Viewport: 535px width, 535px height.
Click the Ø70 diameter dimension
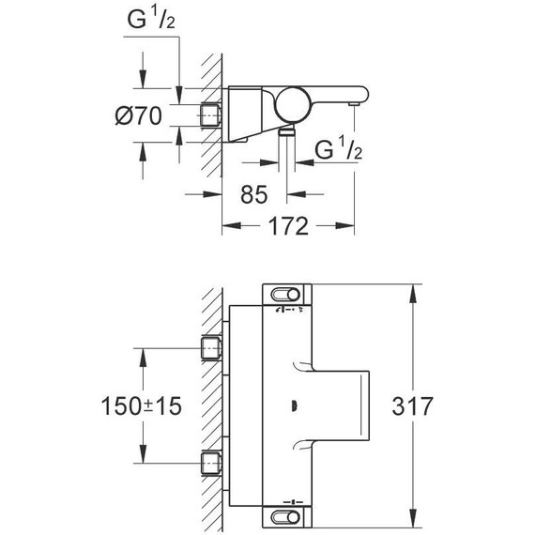[x=137, y=116]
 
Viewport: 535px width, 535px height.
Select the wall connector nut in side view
[x=214, y=116]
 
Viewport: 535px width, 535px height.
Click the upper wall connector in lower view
[x=214, y=350]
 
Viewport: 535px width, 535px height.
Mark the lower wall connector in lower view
[x=214, y=463]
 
